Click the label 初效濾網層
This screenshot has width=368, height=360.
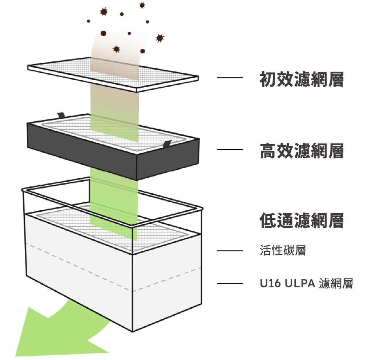(302, 79)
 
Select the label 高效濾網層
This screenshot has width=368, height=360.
(302, 151)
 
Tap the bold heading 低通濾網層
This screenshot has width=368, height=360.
(302, 221)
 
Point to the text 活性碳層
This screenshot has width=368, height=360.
(283, 250)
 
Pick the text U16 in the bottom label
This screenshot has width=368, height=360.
(270, 283)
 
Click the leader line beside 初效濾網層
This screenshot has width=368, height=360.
(230, 77)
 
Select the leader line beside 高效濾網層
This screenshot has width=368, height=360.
(230, 149)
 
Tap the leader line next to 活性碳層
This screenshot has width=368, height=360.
(230, 251)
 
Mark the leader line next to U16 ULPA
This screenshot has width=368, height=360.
(230, 283)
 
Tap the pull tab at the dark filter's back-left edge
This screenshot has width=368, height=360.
(61, 115)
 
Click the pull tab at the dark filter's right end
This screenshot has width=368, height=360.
(167, 144)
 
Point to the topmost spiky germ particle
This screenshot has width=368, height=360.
(142, 5)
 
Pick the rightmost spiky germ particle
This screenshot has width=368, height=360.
(160, 38)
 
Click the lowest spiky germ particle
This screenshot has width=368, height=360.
(116, 49)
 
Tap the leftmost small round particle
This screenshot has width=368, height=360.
(89, 21)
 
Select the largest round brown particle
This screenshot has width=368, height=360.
(103, 33)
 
